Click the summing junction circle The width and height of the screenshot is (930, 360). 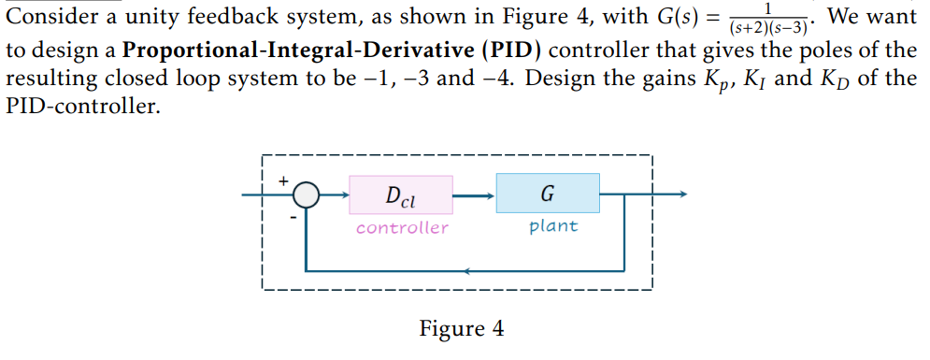(305, 196)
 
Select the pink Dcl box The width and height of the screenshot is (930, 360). (401, 196)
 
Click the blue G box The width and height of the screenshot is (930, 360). (547, 194)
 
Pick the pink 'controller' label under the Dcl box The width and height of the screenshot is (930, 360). (402, 227)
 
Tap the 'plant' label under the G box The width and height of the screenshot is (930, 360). (553, 226)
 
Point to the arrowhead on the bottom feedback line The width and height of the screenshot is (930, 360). (469, 272)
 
